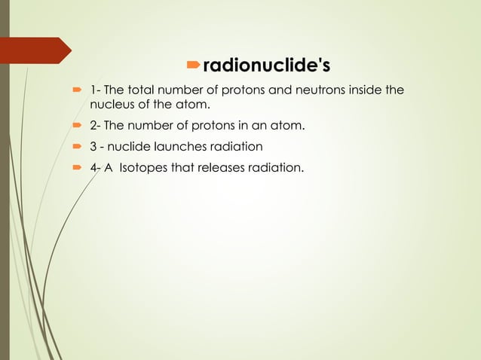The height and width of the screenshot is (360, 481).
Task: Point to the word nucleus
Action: tap(112, 104)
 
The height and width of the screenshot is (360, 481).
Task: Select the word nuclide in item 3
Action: tap(129, 146)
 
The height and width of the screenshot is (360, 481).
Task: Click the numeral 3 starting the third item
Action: tap(93, 146)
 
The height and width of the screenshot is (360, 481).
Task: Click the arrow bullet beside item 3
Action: tap(75, 146)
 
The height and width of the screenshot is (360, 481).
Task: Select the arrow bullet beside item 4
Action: tap(75, 167)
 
